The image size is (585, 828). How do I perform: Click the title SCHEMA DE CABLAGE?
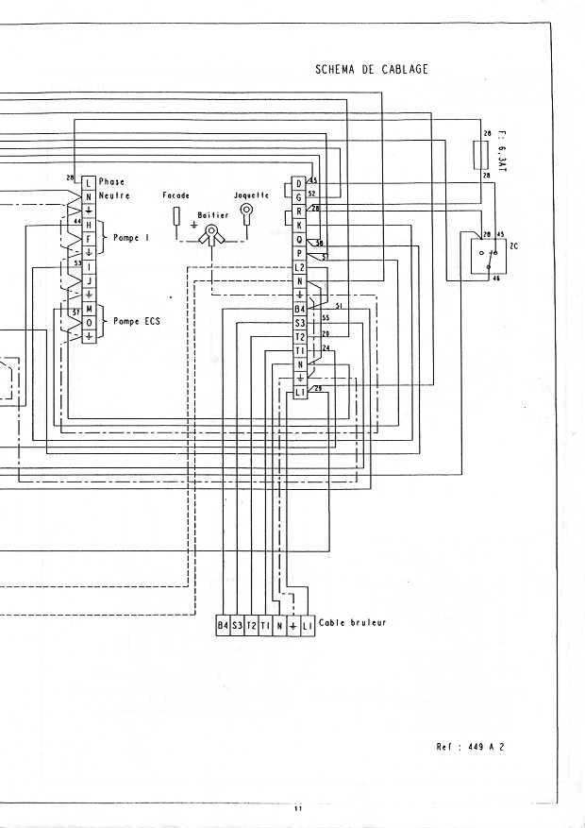tap(372, 69)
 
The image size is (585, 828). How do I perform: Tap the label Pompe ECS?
tap(137, 321)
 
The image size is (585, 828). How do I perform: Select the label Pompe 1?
tap(131, 238)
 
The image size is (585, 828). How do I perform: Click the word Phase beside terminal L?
tap(111, 181)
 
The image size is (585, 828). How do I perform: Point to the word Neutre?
tap(114, 195)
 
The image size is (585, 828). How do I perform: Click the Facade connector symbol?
tap(176, 216)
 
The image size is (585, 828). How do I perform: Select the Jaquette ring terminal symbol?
tap(247, 211)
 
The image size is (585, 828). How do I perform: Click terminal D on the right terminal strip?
tap(299, 183)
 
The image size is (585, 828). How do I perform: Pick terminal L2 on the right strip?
tap(300, 268)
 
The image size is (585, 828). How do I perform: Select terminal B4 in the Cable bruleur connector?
tap(224, 625)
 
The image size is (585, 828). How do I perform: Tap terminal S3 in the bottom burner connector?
tap(238, 625)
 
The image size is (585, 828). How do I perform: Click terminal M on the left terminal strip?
tap(89, 309)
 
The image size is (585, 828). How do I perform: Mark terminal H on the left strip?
tap(89, 226)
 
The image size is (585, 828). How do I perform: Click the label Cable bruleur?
tap(352, 623)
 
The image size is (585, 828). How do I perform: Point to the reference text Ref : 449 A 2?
tap(471, 746)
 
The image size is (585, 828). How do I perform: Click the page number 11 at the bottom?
tap(296, 808)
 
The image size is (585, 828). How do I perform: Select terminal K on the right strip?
tap(300, 226)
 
